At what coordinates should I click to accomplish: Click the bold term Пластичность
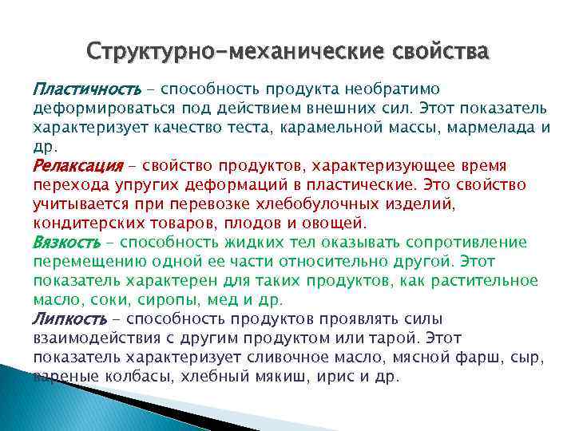point(86,87)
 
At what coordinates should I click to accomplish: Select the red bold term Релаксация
point(78,164)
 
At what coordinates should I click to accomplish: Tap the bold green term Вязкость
point(67,241)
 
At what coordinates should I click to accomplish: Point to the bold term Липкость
point(69,318)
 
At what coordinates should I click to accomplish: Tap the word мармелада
point(494,126)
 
